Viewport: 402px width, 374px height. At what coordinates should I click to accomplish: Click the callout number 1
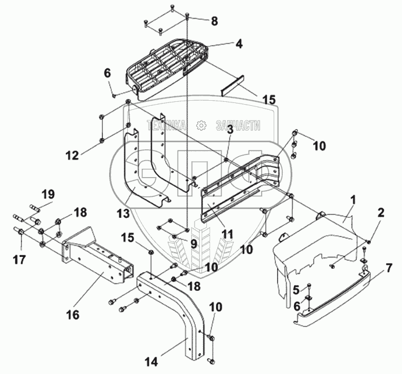(352, 199)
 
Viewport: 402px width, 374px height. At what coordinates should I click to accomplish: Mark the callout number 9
(194, 243)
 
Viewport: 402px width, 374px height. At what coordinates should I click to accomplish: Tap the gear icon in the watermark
(200, 126)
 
